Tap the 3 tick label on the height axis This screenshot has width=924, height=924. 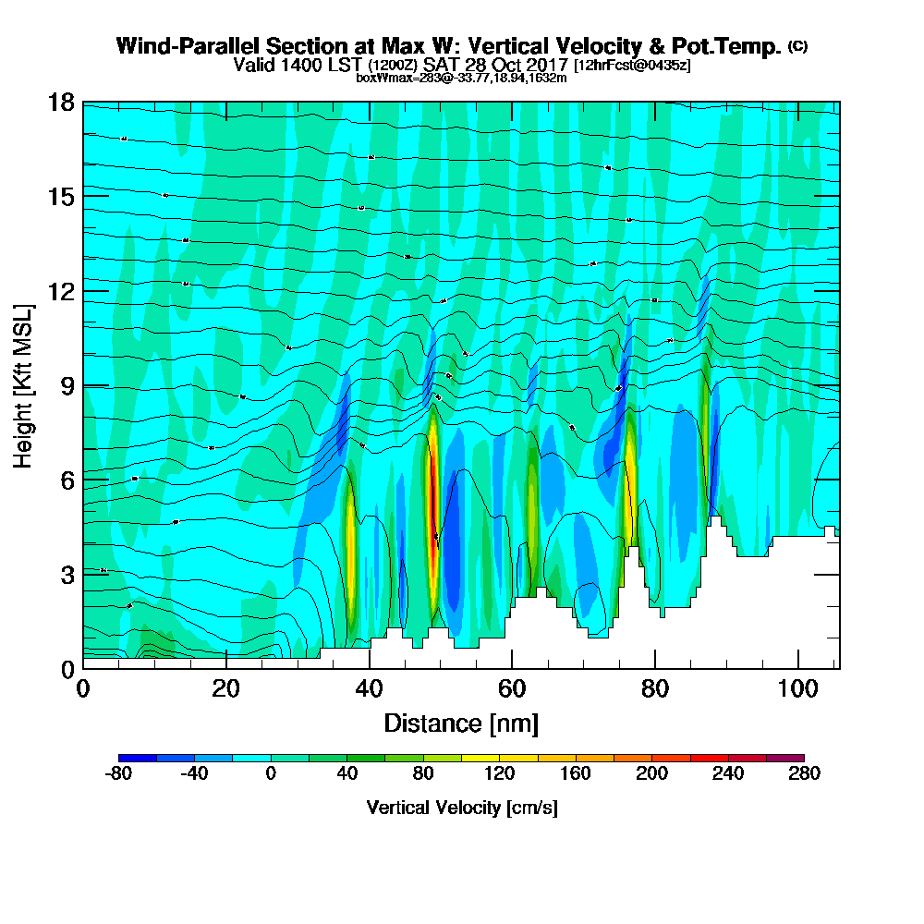pos(67,574)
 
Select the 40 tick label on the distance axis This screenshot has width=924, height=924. pos(369,688)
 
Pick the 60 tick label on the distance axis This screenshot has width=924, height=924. pos(512,688)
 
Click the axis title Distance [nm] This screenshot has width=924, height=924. pos(461,723)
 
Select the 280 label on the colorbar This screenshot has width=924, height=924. pos(803,773)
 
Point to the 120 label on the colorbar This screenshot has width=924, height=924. pos(499,773)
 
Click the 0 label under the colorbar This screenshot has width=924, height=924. pos(271,773)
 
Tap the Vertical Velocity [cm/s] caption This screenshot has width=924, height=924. pos(461,808)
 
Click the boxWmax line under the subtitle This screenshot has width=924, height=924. pos(461,78)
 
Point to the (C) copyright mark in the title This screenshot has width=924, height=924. pos(797,45)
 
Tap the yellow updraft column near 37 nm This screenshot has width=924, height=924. pos(349,545)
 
